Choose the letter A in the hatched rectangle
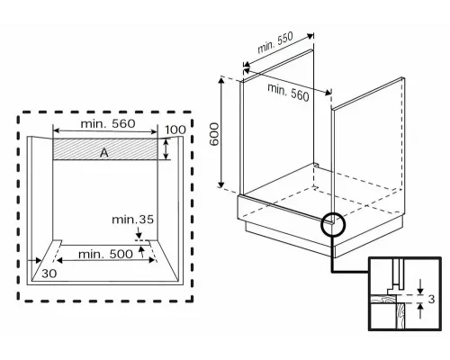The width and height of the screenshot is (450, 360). [x=104, y=152]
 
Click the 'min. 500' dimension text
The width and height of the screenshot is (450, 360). [x=107, y=255]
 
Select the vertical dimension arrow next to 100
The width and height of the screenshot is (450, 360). [x=166, y=149]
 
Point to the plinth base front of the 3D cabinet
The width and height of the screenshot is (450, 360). [x=279, y=220]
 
